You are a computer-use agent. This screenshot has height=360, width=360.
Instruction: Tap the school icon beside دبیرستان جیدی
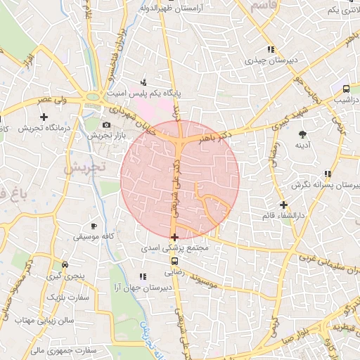(270, 50)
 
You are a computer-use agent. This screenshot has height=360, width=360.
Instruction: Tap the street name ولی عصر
(56, 101)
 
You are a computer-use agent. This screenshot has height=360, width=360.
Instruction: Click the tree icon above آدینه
(303, 134)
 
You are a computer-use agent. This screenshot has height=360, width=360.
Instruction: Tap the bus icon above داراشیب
(346, 89)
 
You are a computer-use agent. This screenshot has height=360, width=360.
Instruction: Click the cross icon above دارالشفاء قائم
(283, 205)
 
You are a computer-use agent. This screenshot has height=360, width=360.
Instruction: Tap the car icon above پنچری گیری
(65, 265)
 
